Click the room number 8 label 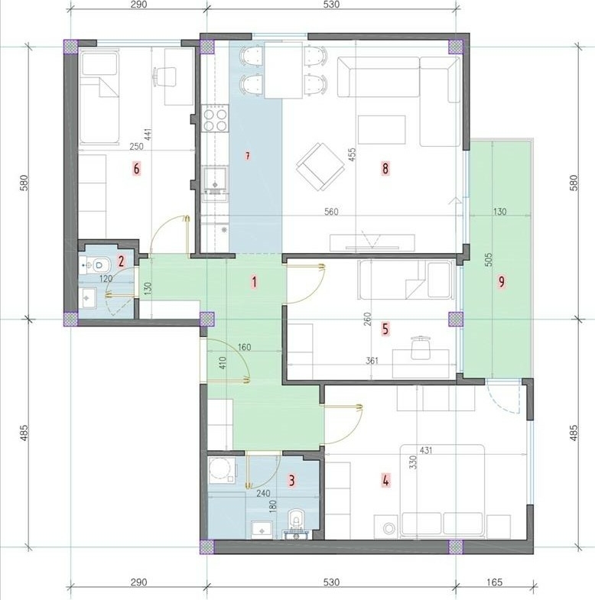[385, 168]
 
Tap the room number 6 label [136, 168]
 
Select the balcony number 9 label [501, 281]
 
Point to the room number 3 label [291, 480]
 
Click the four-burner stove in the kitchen [214, 120]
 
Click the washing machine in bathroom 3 [223, 469]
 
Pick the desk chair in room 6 [164, 76]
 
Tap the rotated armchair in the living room [320, 167]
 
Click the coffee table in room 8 [382, 130]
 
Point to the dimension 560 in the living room [331, 211]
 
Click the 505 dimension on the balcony [488, 259]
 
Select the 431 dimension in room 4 [426, 450]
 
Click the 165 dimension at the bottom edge [494, 582]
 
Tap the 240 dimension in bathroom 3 [263, 494]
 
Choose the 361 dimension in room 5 [372, 361]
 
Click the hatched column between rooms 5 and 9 [456, 319]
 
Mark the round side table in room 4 [389, 528]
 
